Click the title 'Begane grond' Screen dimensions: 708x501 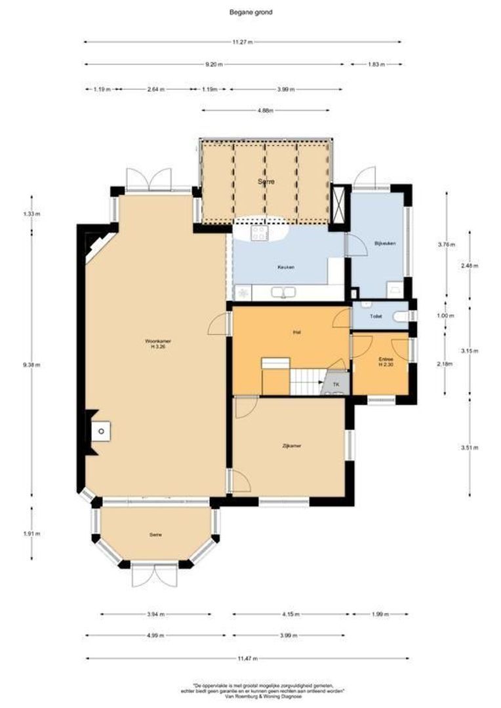point(250,12)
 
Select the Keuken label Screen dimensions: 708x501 point(286,267)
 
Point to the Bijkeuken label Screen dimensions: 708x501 point(382,243)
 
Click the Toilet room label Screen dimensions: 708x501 point(376,316)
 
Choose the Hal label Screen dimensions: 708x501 point(296,332)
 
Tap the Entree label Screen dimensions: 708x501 point(386,361)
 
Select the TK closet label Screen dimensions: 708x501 point(336,384)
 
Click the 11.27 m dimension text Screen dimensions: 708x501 point(241,42)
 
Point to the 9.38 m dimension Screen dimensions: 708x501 point(31,366)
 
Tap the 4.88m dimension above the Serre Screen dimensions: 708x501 point(266,111)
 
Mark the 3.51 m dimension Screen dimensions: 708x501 point(470,448)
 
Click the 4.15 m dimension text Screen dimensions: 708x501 point(291,615)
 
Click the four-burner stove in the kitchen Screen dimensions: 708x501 point(258,232)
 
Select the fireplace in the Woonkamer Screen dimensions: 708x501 point(100,431)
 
